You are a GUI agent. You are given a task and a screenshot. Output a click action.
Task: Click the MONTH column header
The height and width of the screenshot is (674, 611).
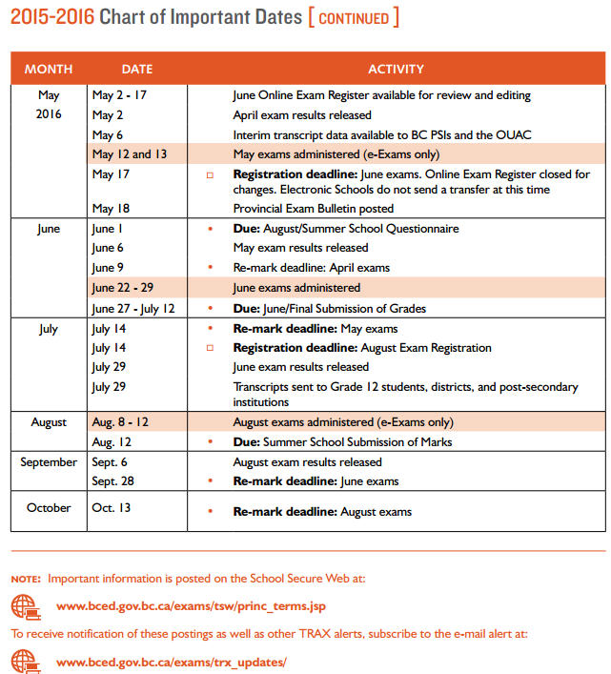tap(48, 69)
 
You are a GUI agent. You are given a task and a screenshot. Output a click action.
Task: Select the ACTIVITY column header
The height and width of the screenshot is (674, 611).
tap(396, 69)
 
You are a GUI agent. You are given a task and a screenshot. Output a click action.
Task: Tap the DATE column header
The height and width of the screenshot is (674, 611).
tap(137, 69)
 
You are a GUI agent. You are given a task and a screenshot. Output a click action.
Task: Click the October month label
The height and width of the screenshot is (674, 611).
tap(49, 508)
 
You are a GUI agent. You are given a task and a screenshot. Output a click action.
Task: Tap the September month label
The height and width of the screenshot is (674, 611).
tap(49, 462)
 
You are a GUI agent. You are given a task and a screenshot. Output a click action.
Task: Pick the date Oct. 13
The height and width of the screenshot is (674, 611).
tap(111, 508)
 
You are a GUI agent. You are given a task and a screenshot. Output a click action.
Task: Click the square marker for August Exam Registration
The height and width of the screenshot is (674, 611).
tap(210, 348)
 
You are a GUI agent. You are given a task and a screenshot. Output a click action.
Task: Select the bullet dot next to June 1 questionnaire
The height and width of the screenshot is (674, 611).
tap(210, 230)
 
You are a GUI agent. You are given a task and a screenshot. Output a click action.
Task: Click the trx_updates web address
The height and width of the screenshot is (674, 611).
tap(172, 662)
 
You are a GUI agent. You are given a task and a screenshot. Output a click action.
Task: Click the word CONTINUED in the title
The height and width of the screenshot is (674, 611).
tap(354, 18)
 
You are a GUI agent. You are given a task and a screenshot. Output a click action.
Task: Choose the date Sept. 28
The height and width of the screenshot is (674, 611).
tap(112, 481)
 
